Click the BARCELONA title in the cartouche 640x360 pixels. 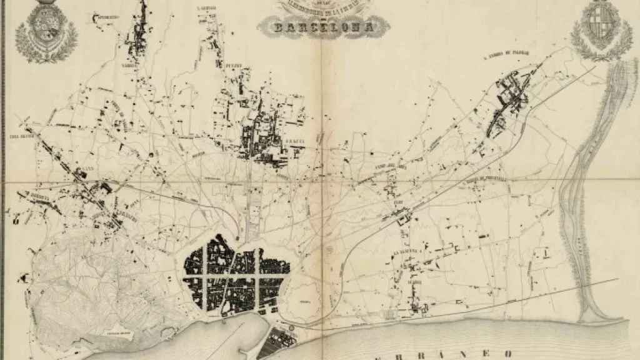[322, 27]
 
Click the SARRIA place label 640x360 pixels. [129, 63]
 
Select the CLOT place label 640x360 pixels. [398, 202]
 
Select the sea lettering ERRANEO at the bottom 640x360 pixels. [437, 354]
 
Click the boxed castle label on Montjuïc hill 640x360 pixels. [118, 336]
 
